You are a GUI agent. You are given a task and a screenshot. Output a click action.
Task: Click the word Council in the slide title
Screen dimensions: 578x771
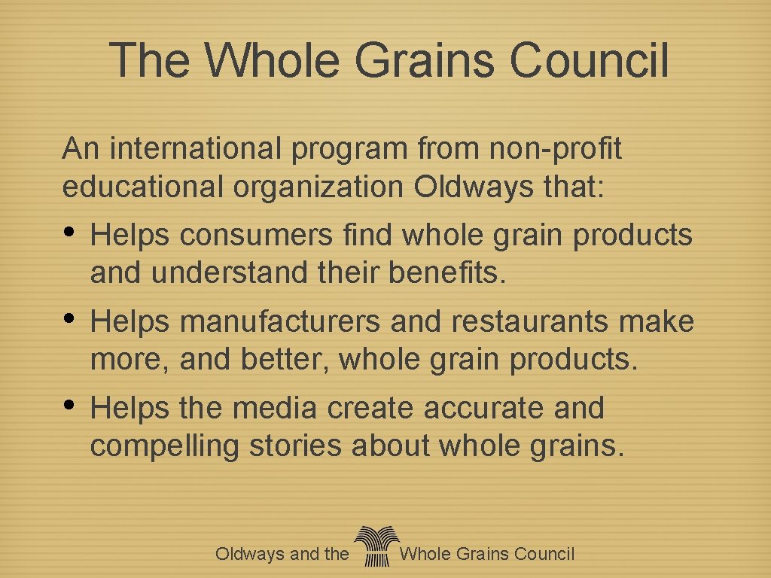point(589,60)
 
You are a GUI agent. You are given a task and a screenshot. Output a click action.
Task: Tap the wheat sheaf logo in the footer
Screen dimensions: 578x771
point(374,546)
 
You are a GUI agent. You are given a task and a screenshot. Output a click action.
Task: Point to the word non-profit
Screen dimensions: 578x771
point(555,149)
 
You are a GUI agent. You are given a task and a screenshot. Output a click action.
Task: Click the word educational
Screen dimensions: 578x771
point(143,187)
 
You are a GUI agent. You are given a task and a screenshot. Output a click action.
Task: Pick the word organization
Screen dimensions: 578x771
point(318,187)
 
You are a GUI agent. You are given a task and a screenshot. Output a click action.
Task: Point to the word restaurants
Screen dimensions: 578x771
point(532,321)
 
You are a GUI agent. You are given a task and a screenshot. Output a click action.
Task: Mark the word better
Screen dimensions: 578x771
point(285,360)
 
